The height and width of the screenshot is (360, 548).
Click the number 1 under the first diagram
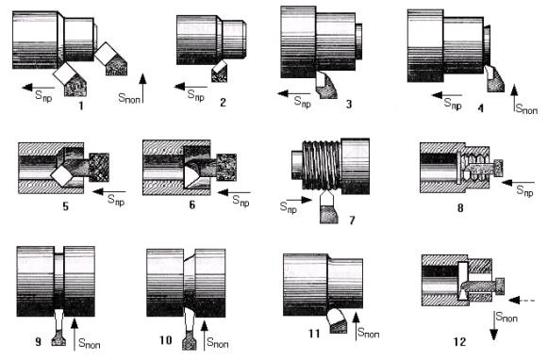coord(81,106)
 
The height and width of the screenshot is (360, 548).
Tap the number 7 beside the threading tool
coord(352,220)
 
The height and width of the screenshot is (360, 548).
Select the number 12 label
coord(460,341)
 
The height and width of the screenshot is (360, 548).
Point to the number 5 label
coord(65,206)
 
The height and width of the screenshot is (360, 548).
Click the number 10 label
coord(166,340)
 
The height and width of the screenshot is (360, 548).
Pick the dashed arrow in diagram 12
coord(522,300)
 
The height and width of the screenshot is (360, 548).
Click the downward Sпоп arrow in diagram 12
coord(493,325)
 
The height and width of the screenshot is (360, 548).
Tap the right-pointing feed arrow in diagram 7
coord(300,200)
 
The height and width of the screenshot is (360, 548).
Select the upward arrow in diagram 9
coord(75,335)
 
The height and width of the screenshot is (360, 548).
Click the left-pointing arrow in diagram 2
coord(191,87)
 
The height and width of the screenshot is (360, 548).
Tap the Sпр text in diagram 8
coord(525,191)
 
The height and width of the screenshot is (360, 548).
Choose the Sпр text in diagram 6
coord(241,201)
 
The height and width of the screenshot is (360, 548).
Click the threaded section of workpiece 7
coord(322,164)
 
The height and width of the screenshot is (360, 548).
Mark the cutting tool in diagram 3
coord(326,85)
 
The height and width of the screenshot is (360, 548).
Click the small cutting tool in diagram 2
coord(220,72)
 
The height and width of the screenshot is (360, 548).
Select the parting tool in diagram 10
coord(189,328)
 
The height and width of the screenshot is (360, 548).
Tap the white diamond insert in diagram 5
coord(62,176)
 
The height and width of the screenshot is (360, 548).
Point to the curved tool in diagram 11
coord(338,320)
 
